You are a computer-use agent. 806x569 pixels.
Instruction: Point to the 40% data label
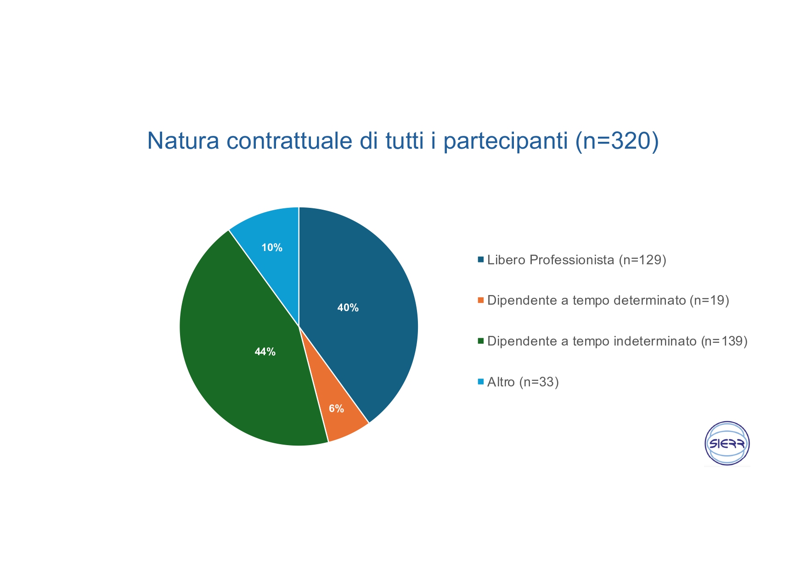(x=348, y=308)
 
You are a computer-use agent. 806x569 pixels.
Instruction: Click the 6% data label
(x=336, y=409)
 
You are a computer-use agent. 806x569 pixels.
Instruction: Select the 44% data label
(x=265, y=352)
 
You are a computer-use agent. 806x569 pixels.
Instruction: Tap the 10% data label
(x=272, y=248)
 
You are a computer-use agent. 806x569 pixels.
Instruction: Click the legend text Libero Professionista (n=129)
(x=577, y=260)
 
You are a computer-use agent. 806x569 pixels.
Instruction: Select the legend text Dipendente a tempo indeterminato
(x=592, y=341)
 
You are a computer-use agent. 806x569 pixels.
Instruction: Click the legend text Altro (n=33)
(x=523, y=382)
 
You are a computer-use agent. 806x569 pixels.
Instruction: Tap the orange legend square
(x=481, y=300)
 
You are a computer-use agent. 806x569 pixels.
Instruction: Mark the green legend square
(x=481, y=341)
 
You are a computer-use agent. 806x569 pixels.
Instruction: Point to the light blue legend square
(x=481, y=381)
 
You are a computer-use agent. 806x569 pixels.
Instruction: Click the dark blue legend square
(x=481, y=260)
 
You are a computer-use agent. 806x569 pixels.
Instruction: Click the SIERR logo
(x=727, y=443)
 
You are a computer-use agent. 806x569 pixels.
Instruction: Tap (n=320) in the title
(x=617, y=142)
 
